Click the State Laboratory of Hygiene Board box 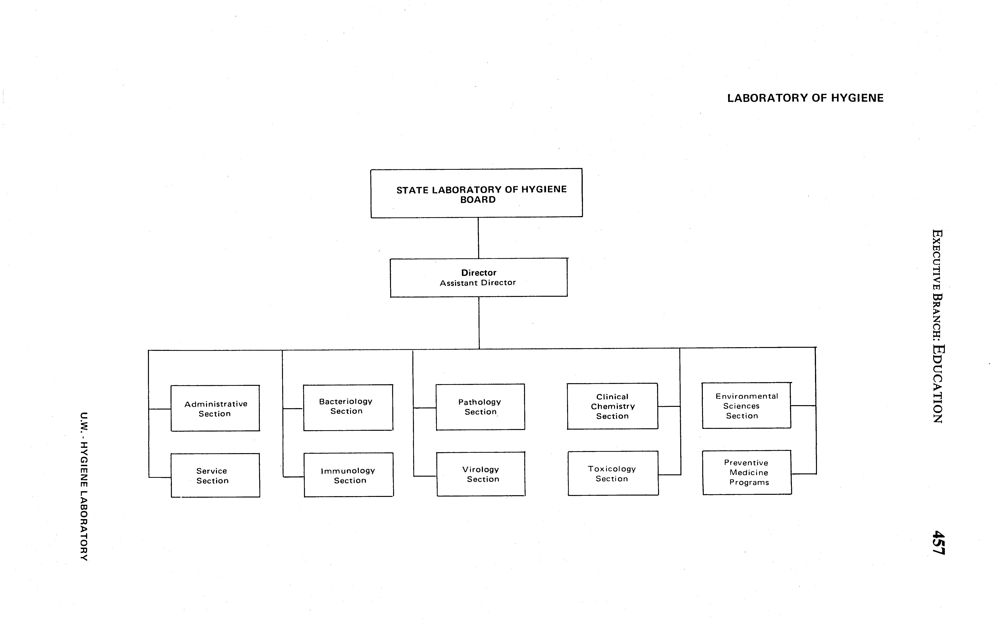pyautogui.click(x=476, y=193)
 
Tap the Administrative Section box pyautogui.click(x=215, y=408)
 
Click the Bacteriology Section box pyautogui.click(x=348, y=407)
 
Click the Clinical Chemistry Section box pyautogui.click(x=612, y=406)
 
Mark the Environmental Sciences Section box pyautogui.click(x=746, y=405)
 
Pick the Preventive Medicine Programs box pyautogui.click(x=747, y=472)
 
